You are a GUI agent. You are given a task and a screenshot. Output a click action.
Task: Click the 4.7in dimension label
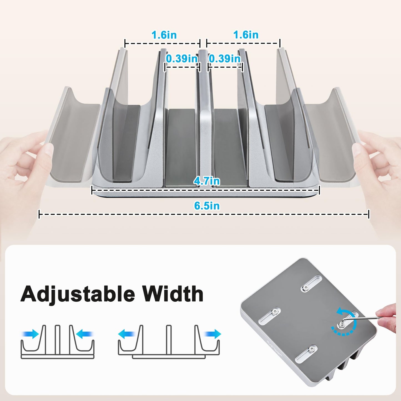click(207, 181)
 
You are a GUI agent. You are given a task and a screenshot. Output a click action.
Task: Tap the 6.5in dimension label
click(207, 206)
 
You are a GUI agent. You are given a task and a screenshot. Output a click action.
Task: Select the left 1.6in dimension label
click(164, 35)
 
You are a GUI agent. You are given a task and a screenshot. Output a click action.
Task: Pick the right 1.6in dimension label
click(246, 35)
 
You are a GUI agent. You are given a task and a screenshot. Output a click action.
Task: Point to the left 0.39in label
click(182, 59)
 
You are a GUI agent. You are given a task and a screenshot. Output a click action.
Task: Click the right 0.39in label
click(225, 59)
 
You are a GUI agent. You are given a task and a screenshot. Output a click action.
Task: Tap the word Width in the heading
click(173, 294)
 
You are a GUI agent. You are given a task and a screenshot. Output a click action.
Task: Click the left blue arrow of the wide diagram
click(127, 334)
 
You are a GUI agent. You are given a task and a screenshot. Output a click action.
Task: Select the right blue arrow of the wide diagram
click(213, 334)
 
